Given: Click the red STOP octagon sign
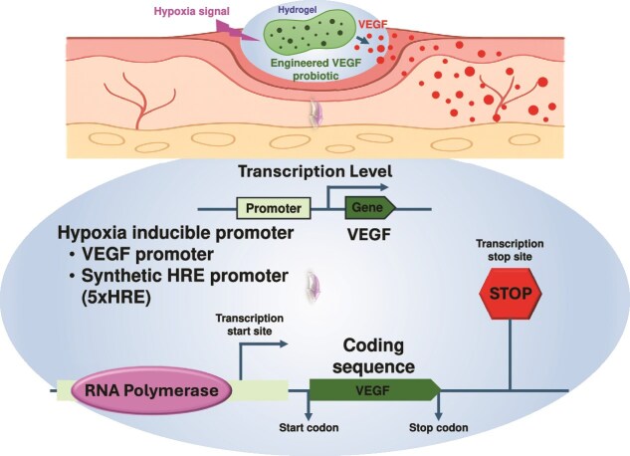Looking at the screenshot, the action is (x=511, y=294).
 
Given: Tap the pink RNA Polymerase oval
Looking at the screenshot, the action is (x=151, y=390).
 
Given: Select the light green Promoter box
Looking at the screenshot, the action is (x=274, y=208).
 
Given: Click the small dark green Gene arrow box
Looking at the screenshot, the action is (x=370, y=208).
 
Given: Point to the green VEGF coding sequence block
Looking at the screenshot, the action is (x=374, y=389).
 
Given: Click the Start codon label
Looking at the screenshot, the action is (x=309, y=428).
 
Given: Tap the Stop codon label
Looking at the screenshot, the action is (x=438, y=428).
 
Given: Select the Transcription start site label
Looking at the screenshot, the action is (x=250, y=325).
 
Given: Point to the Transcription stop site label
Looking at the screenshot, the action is (x=510, y=250).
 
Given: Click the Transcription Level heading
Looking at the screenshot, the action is (x=315, y=171).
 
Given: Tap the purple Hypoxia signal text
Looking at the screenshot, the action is (x=192, y=11).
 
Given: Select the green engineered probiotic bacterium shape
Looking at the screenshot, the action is (x=310, y=34).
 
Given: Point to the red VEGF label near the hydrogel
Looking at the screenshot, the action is (x=373, y=25).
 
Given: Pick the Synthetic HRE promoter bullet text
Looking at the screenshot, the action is (x=185, y=276).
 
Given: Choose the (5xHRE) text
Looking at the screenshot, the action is (x=115, y=298).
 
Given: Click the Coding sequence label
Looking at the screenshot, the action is (x=373, y=356).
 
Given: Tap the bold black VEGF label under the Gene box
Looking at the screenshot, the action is (x=369, y=235).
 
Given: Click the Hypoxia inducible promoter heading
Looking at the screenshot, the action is (x=175, y=233).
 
